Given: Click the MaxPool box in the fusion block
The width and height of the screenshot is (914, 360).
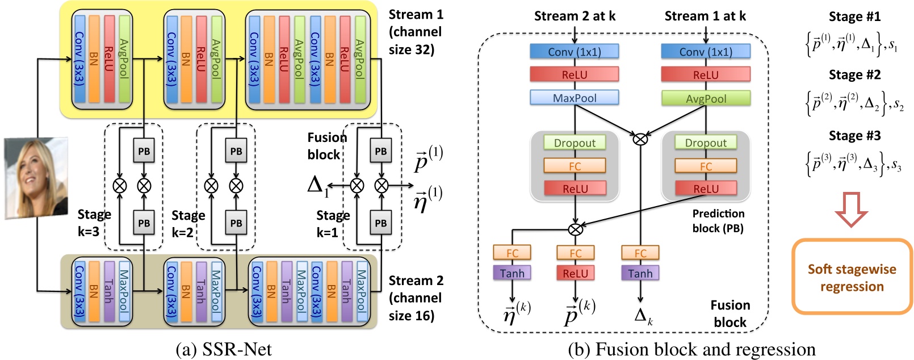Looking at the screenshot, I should [574, 98].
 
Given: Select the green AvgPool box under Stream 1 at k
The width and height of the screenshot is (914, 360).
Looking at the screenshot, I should [706, 98].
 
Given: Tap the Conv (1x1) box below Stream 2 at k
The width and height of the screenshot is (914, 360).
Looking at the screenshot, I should [574, 52].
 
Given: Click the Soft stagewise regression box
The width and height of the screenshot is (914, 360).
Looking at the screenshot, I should [852, 277].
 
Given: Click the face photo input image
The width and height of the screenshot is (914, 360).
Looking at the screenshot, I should [36, 178].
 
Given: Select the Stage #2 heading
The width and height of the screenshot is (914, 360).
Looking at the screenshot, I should [854, 75].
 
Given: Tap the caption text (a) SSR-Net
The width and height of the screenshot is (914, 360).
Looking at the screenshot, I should [224, 349].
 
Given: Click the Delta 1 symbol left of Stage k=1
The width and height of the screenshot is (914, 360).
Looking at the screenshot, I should [317, 185].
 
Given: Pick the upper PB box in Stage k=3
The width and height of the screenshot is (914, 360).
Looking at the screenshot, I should [144, 151].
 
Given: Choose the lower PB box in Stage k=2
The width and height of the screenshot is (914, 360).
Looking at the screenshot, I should [236, 223].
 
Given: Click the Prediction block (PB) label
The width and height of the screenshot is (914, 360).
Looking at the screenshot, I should [718, 221].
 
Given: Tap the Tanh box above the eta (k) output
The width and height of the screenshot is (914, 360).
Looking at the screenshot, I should [512, 273].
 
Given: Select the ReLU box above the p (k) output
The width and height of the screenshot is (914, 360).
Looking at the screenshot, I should [575, 273].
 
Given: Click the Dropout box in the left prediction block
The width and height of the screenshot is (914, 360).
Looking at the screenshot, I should [575, 143].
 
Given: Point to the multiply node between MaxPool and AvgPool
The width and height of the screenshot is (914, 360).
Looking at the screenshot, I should [640, 138].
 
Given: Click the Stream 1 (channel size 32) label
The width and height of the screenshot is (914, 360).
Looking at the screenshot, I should [416, 32].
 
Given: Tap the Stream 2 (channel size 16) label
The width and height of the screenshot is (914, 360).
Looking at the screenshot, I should [416, 298].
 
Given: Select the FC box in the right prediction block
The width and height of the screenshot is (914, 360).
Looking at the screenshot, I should [706, 166].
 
